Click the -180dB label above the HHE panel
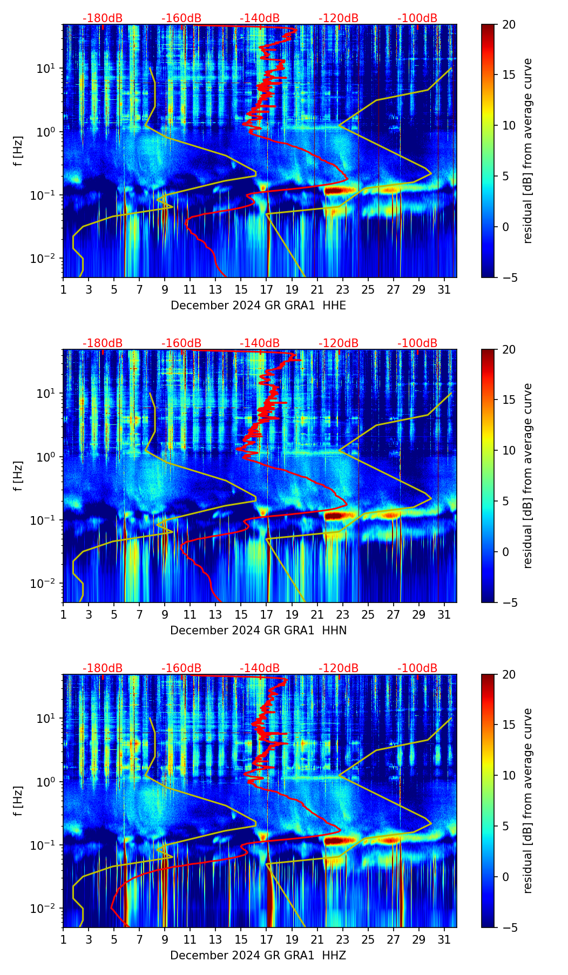tap(103, 18)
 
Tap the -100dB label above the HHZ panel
tap(417, 668)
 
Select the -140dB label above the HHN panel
tap(260, 343)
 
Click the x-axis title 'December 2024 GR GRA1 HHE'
tap(258, 306)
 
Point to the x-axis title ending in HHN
tap(258, 631)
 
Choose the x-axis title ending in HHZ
tap(258, 956)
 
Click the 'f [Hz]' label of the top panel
tap(18, 151)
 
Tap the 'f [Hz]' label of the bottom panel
tap(18, 801)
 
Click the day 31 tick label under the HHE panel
tap(444, 290)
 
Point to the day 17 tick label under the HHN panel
tap(267, 615)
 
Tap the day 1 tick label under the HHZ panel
tap(63, 940)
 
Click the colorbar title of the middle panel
tap(528, 476)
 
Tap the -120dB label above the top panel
tap(339, 18)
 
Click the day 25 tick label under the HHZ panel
tap(368, 940)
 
